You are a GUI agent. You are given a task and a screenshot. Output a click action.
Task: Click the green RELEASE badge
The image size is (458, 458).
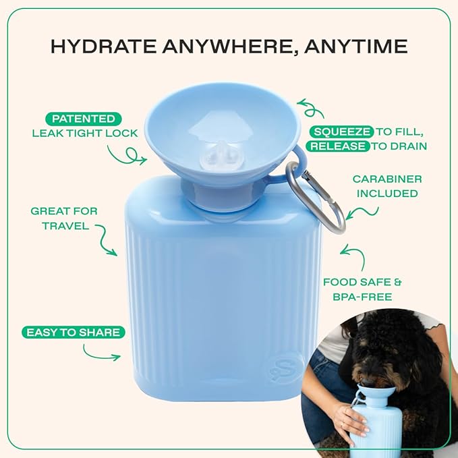click(338, 146)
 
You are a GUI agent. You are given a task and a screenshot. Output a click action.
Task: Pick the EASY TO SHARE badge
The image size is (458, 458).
click(73, 332)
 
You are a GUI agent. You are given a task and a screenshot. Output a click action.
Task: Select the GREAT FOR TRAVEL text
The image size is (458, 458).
click(63, 219)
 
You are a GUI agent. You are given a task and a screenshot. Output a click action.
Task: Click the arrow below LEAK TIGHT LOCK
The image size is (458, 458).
click(127, 156)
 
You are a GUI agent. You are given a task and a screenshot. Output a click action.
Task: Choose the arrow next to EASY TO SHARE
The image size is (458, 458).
click(101, 351)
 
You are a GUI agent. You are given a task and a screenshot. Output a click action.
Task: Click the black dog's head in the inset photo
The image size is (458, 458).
click(378, 357)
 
